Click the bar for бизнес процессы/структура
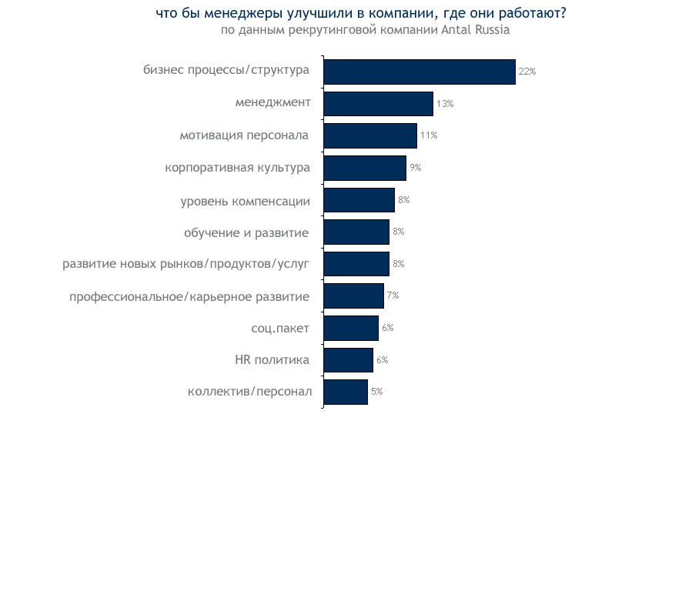pos(419,72)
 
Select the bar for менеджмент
pos(378,104)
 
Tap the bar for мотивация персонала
pos(369,135)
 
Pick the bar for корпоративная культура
pos(364,168)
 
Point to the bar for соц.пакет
pos(351,328)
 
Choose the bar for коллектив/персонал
pos(346,392)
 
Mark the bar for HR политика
pos(348,360)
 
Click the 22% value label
pos(527,72)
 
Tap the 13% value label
pos(444,104)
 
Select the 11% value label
pos(428,135)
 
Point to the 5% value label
pos(376,392)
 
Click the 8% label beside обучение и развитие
pos(398,232)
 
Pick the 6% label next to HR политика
pos(382,360)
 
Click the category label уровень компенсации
pos(245,202)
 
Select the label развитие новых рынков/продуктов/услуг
pos(186,264)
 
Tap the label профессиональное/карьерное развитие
pos(189,296)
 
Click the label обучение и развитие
pos(246,232)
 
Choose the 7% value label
pos(393,295)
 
